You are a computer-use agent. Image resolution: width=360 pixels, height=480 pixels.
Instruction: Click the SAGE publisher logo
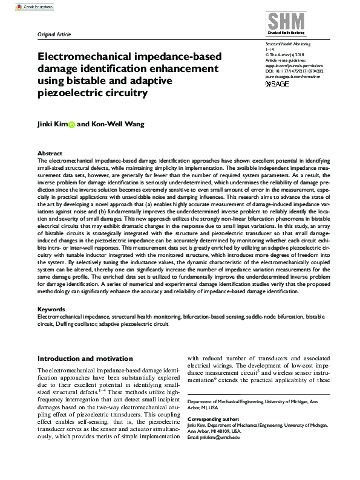pyautogui.click(x=278, y=83)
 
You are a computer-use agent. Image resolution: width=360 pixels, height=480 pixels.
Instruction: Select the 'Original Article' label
pyautogui.click(x=54, y=35)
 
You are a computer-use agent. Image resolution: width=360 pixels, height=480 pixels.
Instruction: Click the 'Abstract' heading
pyautogui.click(x=50, y=154)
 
